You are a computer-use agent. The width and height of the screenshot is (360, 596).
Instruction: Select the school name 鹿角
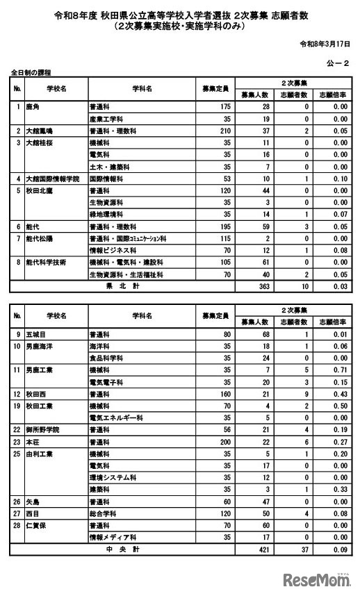click(33, 107)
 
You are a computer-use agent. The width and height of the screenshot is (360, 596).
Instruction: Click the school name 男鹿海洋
click(39, 345)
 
